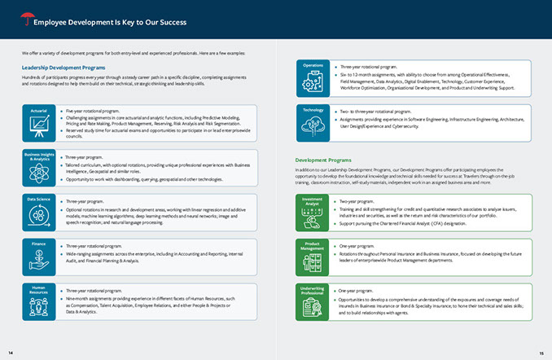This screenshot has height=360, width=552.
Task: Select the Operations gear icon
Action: click(313, 82)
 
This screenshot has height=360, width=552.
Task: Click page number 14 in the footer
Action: click(11, 351)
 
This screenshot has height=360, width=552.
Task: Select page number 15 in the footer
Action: click(541, 351)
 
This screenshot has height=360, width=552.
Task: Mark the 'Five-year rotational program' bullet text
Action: click(93, 109)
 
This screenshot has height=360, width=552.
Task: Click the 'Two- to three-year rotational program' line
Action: click(375, 111)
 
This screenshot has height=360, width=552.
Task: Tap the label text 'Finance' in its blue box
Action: click(38, 243)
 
